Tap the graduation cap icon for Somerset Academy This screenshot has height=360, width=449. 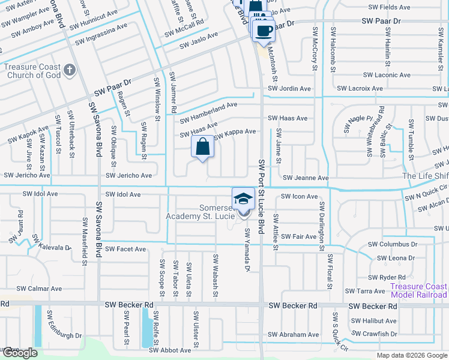pos(243,199)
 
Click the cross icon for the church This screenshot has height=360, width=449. pos(70,70)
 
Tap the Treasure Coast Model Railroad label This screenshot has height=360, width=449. pos(418,290)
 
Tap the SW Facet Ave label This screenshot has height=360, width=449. pos(125,249)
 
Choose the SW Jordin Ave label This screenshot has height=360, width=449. pos(289,89)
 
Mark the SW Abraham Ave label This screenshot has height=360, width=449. pos(293,335)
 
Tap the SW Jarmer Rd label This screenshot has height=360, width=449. pos(172,93)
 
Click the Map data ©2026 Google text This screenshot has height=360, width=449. pos(412,355)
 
